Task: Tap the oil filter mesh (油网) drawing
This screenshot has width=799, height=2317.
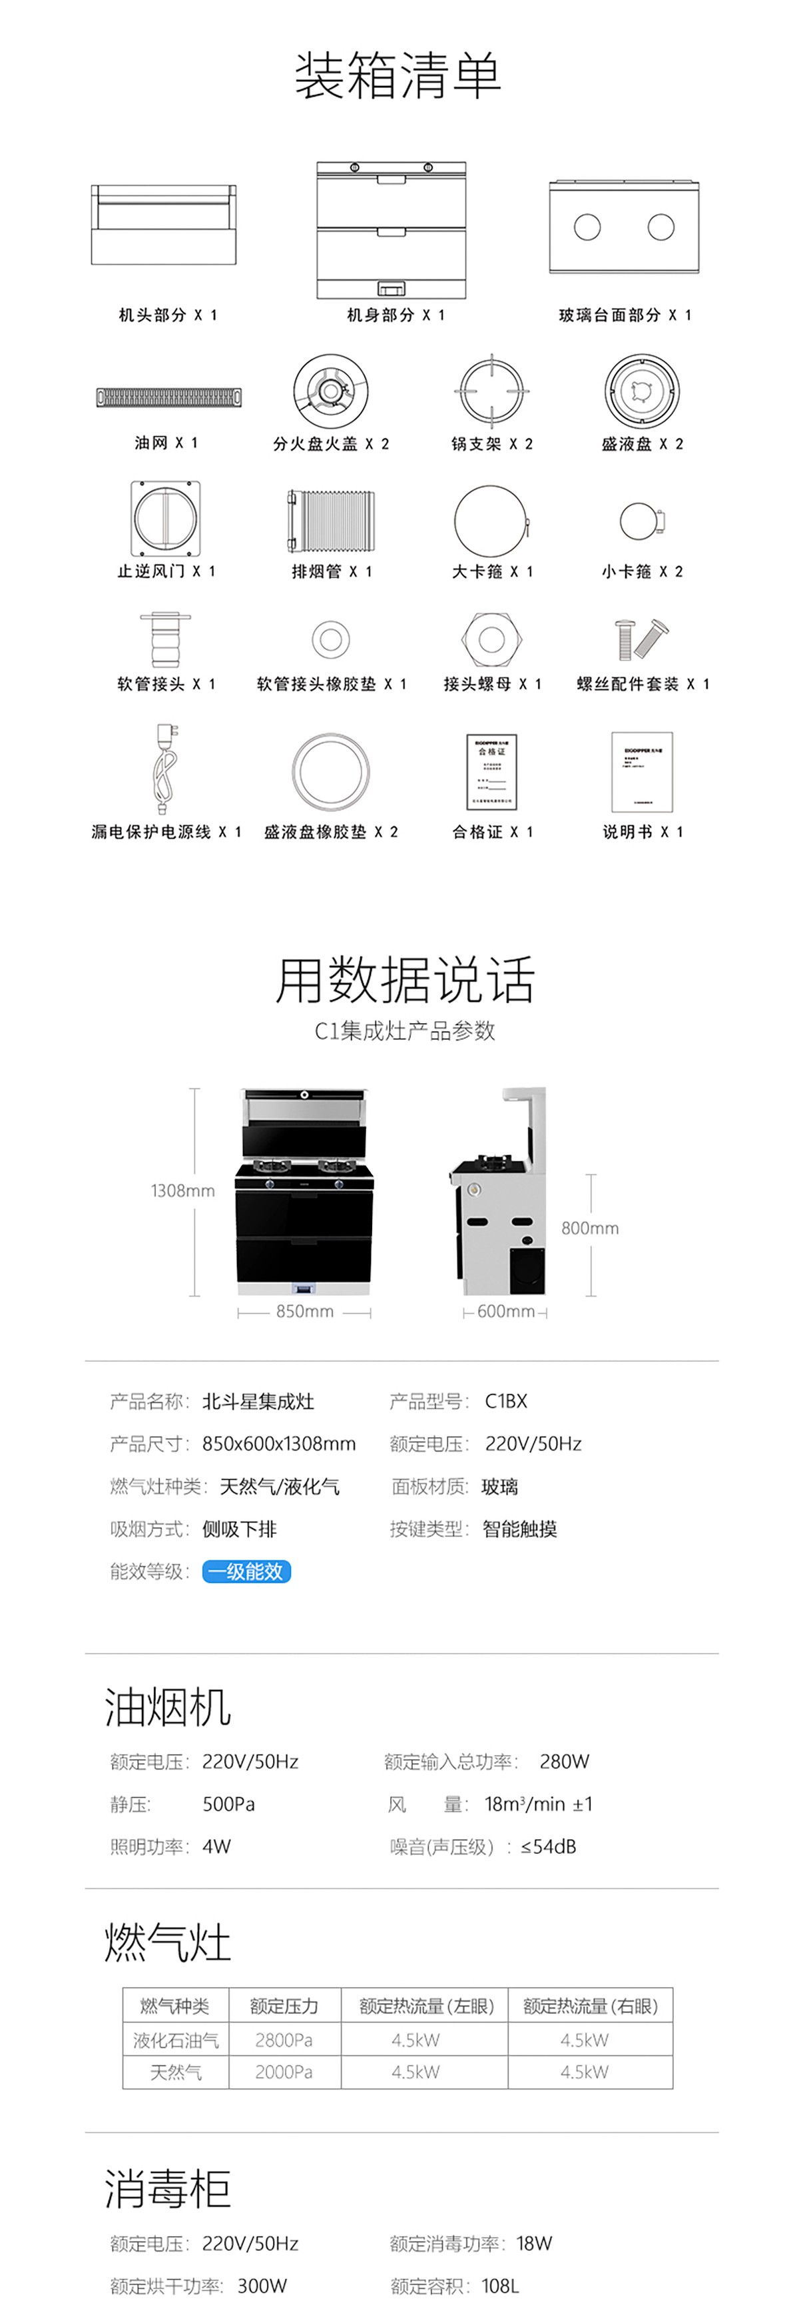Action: (169, 397)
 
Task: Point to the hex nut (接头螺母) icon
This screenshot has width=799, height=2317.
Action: (491, 639)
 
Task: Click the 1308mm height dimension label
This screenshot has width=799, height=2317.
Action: (182, 1191)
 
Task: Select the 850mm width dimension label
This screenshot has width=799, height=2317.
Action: (305, 1311)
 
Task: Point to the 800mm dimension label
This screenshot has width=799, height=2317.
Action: (589, 1228)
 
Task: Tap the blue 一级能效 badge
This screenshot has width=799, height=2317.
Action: (246, 1571)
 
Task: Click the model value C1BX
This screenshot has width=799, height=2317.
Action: (506, 1400)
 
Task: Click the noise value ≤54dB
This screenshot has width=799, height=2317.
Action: (548, 1846)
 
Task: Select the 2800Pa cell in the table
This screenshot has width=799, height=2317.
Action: (284, 2040)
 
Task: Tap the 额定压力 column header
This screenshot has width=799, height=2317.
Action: (284, 2006)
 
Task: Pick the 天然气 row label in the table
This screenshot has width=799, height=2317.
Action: (175, 2072)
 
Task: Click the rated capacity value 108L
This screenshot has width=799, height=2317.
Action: (500, 2286)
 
